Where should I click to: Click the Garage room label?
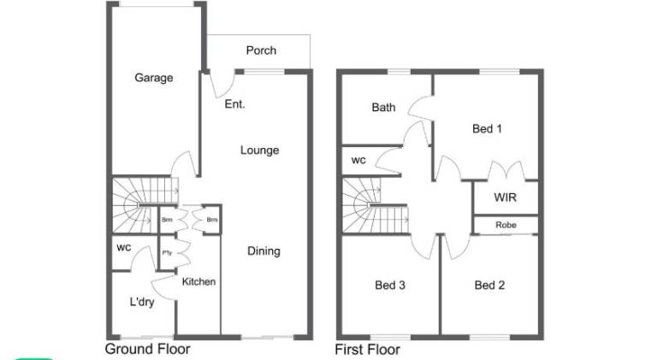tap(153, 78)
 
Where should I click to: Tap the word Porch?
tap(261, 50)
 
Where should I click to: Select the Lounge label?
tap(259, 150)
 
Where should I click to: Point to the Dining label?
tap(263, 251)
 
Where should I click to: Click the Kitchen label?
tap(198, 281)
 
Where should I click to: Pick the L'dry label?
tap(142, 302)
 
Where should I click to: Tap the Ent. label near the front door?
tap(234, 103)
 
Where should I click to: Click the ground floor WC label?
tap(124, 248)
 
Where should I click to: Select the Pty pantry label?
tap(167, 253)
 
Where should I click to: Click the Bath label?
tap(383, 108)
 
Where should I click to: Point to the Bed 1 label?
tap(487, 129)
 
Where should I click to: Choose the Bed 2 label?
tap(489, 286)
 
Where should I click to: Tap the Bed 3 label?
tap(390, 286)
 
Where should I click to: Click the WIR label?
tap(505, 198)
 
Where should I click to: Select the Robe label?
tap(506, 225)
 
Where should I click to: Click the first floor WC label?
tap(358, 160)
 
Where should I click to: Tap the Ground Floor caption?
tap(147, 349)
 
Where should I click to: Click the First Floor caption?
tap(367, 350)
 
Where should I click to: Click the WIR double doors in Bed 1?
tap(506, 171)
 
